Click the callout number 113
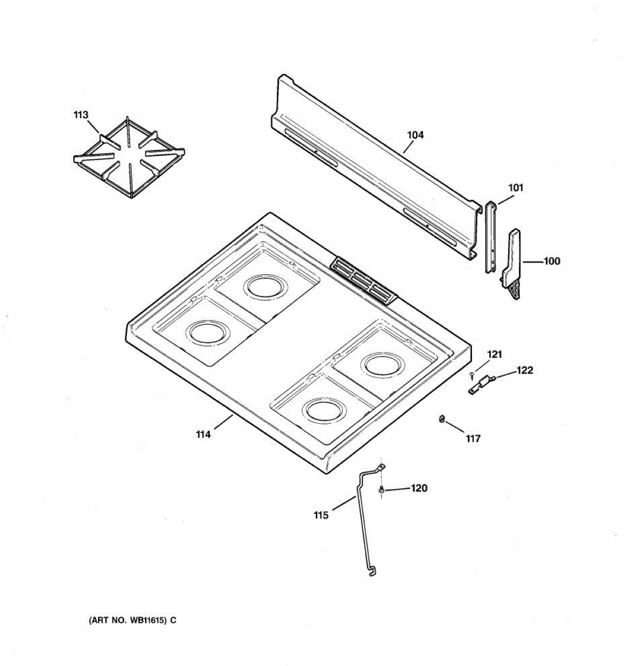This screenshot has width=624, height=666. [x=80, y=115]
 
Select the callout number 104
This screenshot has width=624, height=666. [x=415, y=135]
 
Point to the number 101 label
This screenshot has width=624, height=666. [x=516, y=188]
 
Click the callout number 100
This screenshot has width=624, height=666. [x=551, y=261]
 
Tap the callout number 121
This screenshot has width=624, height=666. [x=494, y=354]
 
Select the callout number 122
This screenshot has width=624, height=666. [x=525, y=370]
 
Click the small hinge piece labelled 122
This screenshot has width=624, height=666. [x=480, y=385]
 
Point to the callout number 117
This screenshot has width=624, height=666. [x=473, y=439]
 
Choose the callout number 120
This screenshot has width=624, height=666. [x=419, y=488]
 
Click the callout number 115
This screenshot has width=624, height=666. [x=321, y=515]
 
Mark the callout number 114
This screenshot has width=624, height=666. [x=204, y=435]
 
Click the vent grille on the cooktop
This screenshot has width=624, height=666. [x=363, y=281]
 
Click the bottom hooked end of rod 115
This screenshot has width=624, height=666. [x=371, y=571]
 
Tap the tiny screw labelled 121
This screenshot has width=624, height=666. [x=472, y=374]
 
